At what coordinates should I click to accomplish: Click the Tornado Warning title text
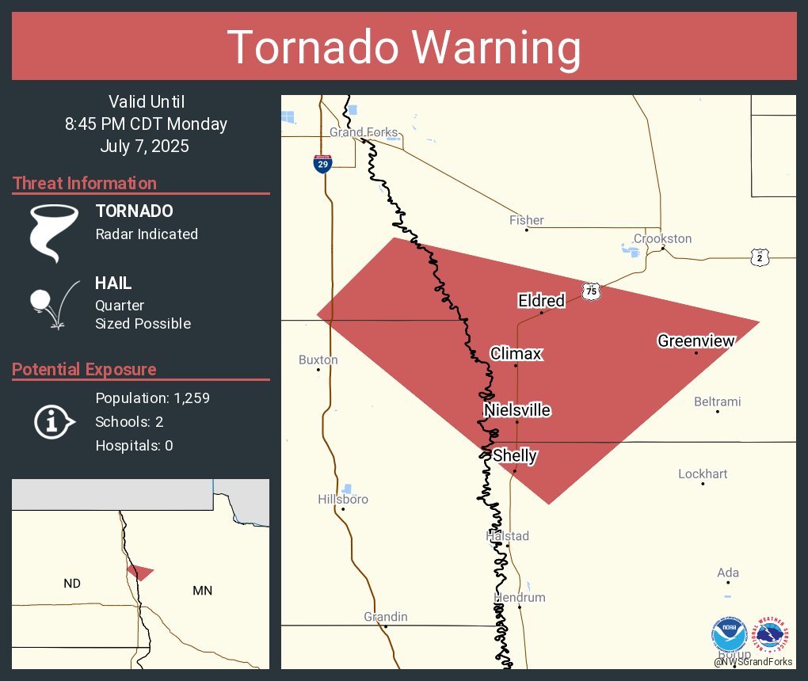[404, 47]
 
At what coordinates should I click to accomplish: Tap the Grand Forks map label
[364, 132]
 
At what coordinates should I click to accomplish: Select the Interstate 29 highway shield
[322, 163]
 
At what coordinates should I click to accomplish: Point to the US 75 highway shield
[591, 291]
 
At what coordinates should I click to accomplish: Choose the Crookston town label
[662, 238]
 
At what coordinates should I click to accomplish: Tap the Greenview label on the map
[696, 340]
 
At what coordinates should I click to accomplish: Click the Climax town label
[516, 353]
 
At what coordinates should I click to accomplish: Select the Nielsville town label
[517, 409]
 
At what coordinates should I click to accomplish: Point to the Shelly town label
[515, 455]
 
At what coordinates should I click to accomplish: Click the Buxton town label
[318, 360]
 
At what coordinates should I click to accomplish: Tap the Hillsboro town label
[343, 499]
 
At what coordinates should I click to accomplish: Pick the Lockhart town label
[703, 474]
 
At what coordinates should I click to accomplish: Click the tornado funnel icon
[54, 232]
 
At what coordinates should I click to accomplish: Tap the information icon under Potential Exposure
[53, 422]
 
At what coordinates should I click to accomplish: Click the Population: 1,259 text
[152, 398]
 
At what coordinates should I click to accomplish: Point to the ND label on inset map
[72, 584]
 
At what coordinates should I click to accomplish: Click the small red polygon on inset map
[139, 572]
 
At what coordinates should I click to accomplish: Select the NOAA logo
[729, 636]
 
